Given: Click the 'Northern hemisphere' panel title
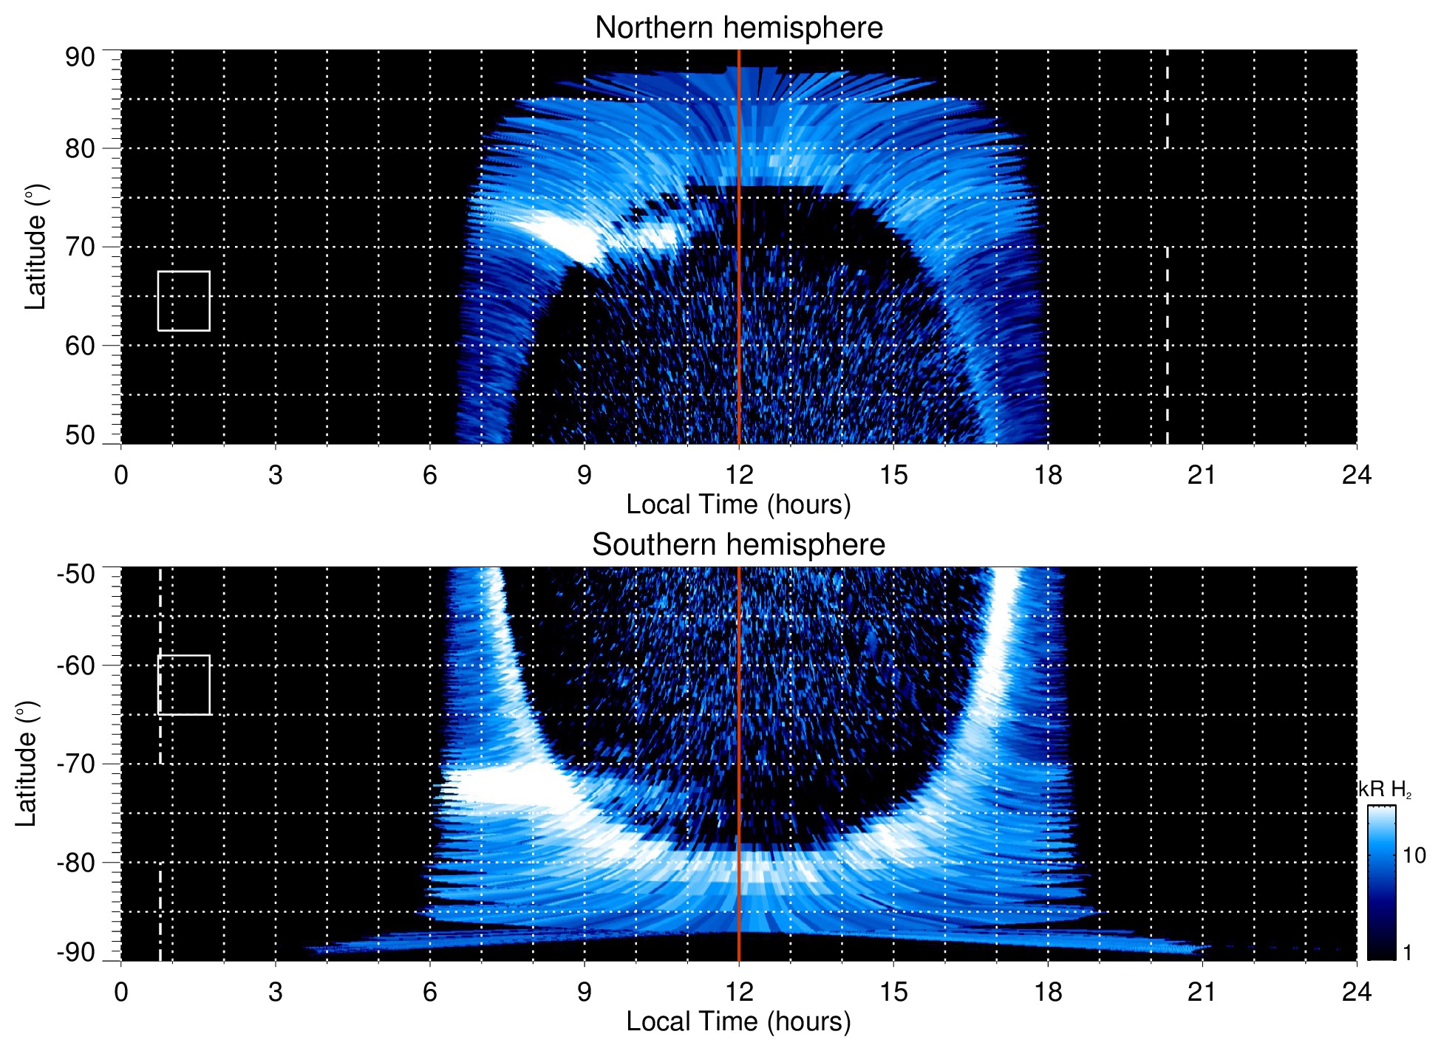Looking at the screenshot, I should (x=738, y=28).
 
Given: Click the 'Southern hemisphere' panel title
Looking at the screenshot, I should (x=738, y=545).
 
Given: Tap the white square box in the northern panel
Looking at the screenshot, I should (x=184, y=301).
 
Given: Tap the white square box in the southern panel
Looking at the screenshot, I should (x=184, y=685).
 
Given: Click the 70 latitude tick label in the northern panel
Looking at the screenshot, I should (x=80, y=247).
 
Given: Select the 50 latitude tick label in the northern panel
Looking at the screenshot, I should (x=80, y=435).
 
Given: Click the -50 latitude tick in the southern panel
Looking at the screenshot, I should (x=75, y=574).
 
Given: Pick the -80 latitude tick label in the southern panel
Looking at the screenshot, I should (x=75, y=862).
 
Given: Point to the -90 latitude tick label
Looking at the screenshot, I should (x=75, y=952).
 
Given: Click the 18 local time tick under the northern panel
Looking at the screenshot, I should (x=1048, y=475).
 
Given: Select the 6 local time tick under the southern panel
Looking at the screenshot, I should (x=430, y=992).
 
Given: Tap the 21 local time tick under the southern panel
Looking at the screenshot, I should (x=1202, y=992).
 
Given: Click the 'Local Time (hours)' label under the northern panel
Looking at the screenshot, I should (x=738, y=504).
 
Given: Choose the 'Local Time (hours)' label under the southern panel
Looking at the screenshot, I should (x=738, y=1021).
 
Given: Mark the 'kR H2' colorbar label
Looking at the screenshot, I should (x=1385, y=790).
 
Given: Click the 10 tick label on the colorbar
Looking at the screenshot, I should (x=1414, y=855).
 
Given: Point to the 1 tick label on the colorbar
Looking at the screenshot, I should (x=1407, y=953).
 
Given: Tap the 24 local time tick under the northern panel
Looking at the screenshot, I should (x=1356, y=475).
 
